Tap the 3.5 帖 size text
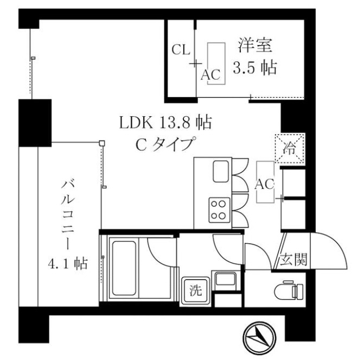click(x=254, y=68)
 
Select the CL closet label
click(x=181, y=50)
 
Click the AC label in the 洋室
click(x=211, y=75)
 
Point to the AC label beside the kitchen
click(x=265, y=184)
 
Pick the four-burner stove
click(x=219, y=209)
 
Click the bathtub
click(x=125, y=261)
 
